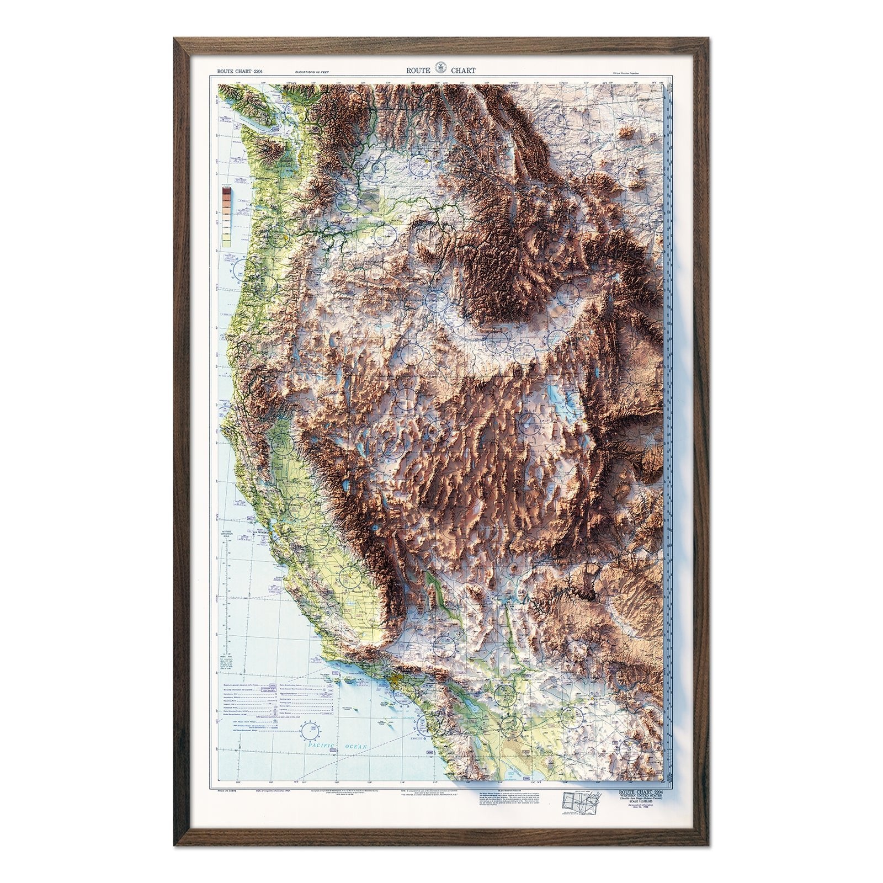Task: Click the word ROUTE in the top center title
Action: click(x=418, y=71)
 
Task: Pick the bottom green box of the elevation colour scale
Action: click(x=226, y=241)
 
